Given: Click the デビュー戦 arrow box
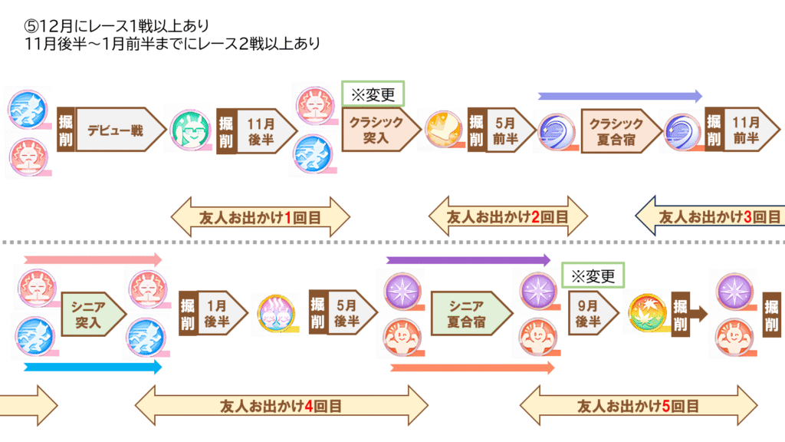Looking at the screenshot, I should pyautogui.click(x=119, y=130).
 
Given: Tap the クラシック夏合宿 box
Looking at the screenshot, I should pyautogui.click(x=621, y=130).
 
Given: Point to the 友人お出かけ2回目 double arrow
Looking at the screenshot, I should pyautogui.click(x=507, y=218).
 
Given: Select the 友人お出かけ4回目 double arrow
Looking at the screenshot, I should pyautogui.click(x=281, y=405).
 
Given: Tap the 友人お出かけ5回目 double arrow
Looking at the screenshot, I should pyautogui.click(x=639, y=405).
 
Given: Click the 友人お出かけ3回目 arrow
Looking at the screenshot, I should pyautogui.click(x=709, y=218).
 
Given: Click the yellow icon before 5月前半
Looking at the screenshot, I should pyautogui.click(x=442, y=130).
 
